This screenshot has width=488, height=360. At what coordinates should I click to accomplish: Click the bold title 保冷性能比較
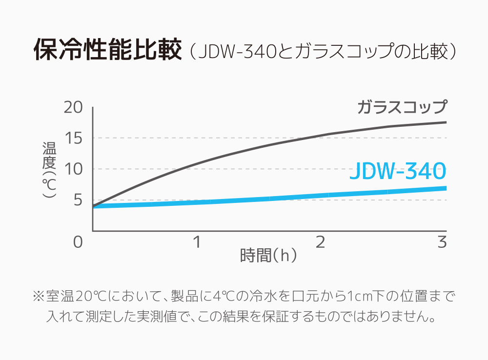click(x=107, y=51)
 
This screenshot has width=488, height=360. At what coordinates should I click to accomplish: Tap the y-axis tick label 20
click(x=74, y=107)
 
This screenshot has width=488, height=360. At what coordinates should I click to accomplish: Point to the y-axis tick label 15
click(x=74, y=138)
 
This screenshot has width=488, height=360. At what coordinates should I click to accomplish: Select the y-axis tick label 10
click(x=74, y=169)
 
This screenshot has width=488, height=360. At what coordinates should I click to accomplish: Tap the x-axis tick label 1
click(x=197, y=241)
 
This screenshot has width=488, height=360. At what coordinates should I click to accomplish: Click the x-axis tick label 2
click(x=320, y=241)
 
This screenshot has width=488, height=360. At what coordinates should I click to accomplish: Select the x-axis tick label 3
click(x=442, y=241)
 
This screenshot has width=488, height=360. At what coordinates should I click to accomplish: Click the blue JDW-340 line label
click(x=398, y=172)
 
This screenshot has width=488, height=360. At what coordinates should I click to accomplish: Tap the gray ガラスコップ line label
click(x=402, y=107)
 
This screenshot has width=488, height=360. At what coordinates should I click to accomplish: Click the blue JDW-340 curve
click(x=268, y=199)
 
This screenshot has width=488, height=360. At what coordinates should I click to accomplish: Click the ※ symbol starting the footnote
click(x=39, y=296)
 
